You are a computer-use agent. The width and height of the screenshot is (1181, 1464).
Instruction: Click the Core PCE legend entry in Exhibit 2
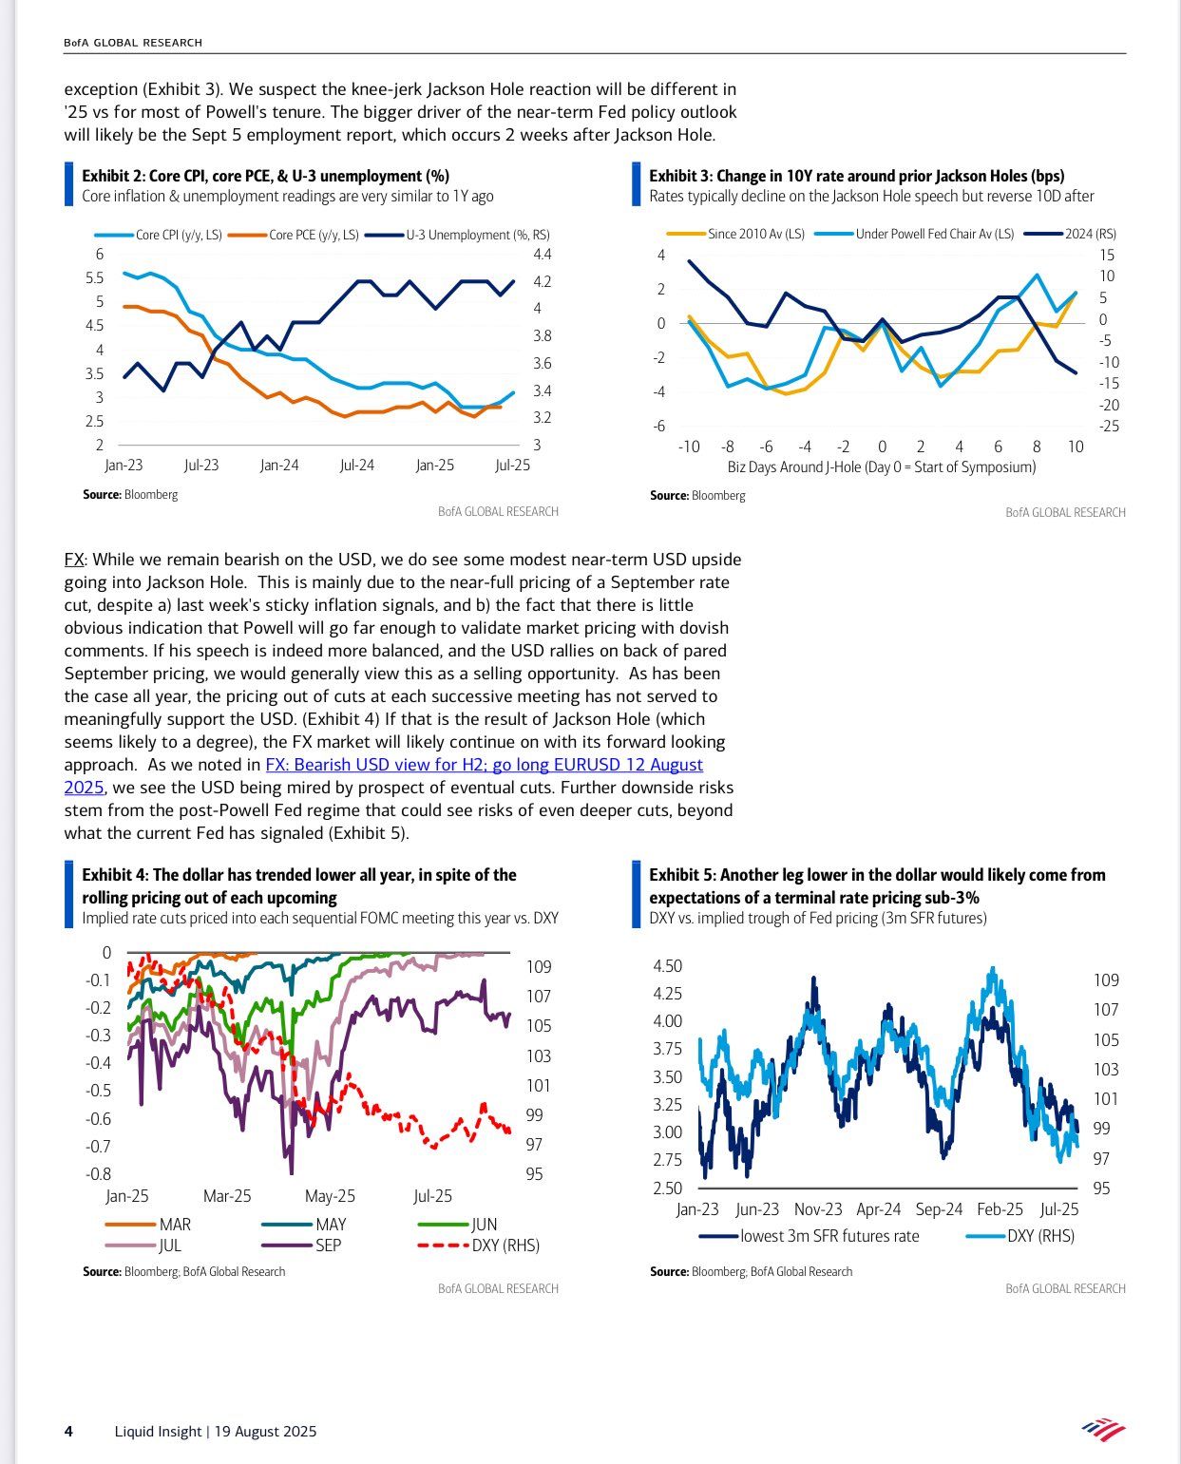tap(294, 235)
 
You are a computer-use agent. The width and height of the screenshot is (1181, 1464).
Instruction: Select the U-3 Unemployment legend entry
tap(457, 235)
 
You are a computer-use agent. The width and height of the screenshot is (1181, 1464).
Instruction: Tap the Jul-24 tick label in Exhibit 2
tap(357, 466)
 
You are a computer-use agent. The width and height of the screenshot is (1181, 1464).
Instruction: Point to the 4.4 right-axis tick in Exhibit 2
tap(543, 255)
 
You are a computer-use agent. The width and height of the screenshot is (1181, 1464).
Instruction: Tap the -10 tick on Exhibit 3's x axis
tap(689, 447)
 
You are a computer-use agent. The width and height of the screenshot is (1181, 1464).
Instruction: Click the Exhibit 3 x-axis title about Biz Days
tap(882, 467)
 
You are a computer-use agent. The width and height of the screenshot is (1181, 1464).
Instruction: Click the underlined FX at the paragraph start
tap(74, 560)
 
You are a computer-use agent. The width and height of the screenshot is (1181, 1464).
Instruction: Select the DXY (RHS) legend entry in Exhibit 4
tap(478, 1245)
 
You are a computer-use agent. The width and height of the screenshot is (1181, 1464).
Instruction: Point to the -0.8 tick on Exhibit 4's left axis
tap(98, 1174)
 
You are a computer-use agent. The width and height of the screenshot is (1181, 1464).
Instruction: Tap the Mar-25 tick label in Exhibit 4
tap(227, 1196)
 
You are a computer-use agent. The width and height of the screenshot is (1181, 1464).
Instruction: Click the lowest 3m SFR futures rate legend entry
tap(809, 1236)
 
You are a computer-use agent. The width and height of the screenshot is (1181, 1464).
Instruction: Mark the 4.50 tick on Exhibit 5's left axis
tap(667, 966)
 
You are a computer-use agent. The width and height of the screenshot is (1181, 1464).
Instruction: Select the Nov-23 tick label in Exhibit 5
tap(818, 1208)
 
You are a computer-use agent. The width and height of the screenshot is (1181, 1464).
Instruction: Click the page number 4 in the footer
tap(68, 1432)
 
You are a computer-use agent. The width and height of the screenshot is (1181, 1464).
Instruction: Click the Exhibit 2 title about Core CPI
tap(266, 176)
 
